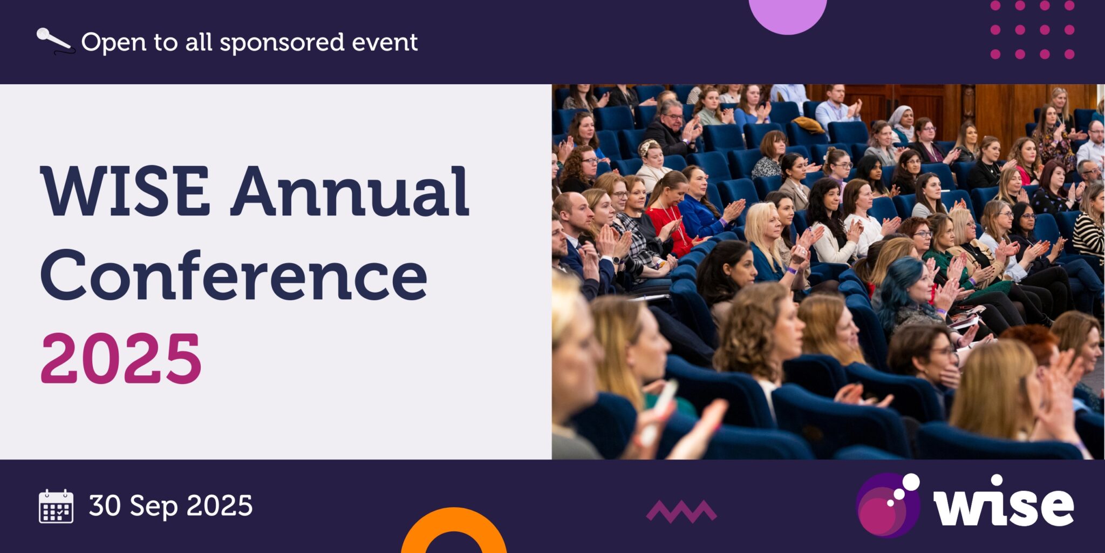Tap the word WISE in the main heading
125,191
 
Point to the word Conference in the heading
234,275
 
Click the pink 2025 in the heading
121,359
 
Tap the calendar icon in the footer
56,507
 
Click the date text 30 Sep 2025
170,506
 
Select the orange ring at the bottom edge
453,527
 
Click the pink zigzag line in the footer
681,511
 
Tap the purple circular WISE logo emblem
888,505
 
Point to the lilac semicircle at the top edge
788,14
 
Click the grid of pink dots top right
1032,30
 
